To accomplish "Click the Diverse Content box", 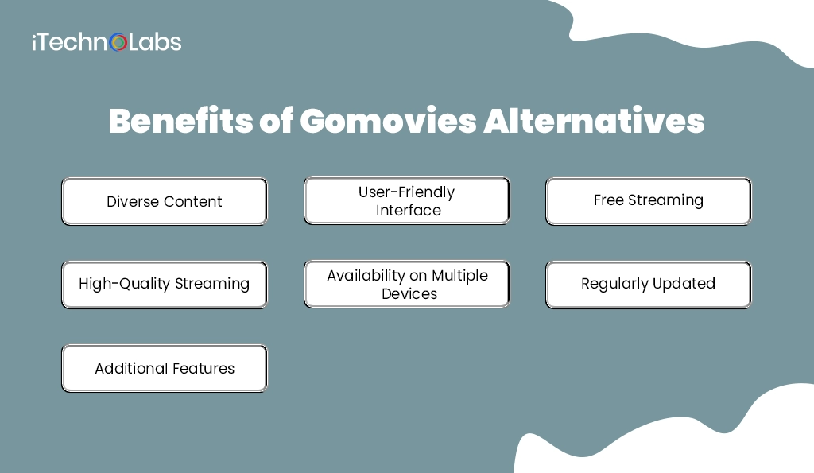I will (x=165, y=201).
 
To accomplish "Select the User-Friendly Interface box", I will (x=407, y=201).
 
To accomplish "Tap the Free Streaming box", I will (x=648, y=201).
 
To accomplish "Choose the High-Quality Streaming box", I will (x=165, y=284).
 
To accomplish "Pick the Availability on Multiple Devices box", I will (x=407, y=284).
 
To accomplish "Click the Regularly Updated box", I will (x=648, y=284).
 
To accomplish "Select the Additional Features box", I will (x=165, y=368).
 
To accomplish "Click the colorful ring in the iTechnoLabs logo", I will (x=118, y=42).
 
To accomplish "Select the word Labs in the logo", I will (x=155, y=42).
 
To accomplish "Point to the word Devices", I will (x=409, y=293).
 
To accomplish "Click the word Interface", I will (x=409, y=211).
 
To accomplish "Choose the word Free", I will (x=609, y=200).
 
